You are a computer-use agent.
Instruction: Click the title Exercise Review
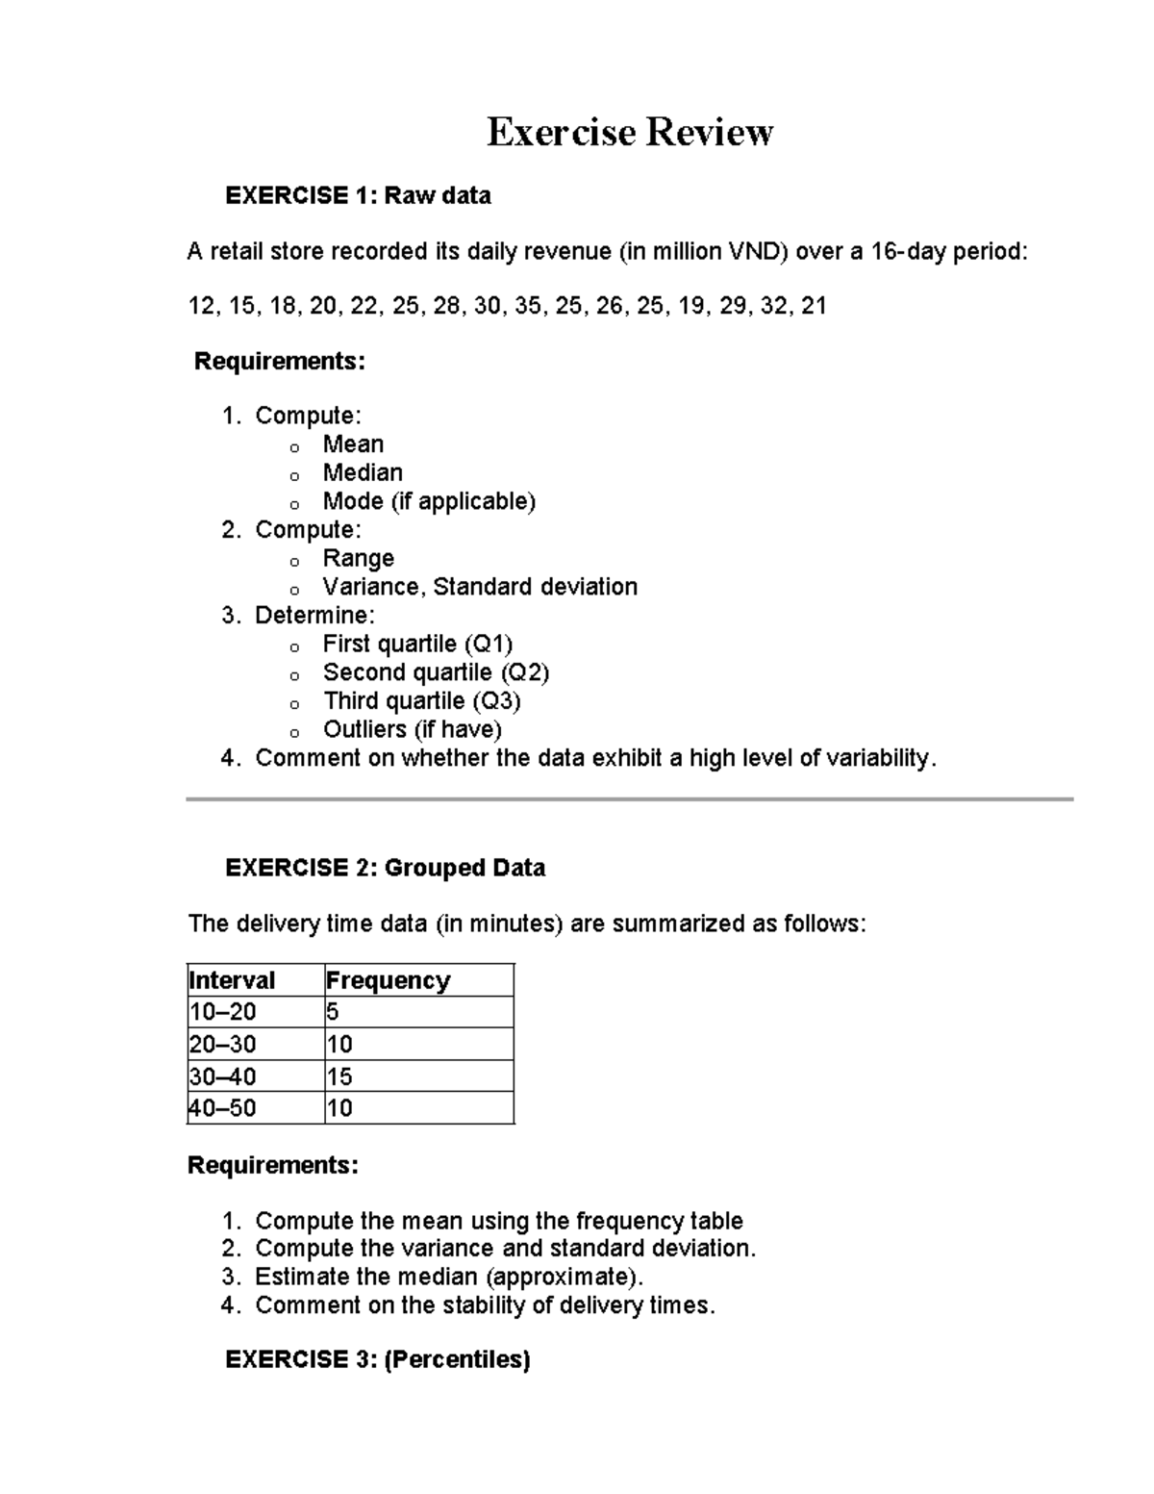[x=629, y=132]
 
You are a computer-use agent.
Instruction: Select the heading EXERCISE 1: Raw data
[x=358, y=196]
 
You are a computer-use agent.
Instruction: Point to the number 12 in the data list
[x=201, y=307]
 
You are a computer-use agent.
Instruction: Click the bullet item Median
[x=363, y=472]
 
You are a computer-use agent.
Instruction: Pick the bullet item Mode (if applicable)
[x=429, y=501]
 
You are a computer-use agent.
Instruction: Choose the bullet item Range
[x=358, y=558]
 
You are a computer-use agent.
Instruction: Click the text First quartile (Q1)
[x=417, y=644]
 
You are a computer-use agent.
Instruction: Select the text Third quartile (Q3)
[x=421, y=700]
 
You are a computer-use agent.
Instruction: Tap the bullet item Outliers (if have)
[x=413, y=729]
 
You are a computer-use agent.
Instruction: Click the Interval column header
[x=232, y=980]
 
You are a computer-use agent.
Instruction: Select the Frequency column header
[x=388, y=980]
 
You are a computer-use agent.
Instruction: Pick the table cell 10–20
[x=223, y=1012]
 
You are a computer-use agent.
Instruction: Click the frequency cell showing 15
[x=339, y=1076]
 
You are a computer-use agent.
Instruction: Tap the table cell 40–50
[x=223, y=1108]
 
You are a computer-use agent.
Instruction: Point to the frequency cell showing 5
[x=333, y=1012]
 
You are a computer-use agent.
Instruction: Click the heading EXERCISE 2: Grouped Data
[x=385, y=869]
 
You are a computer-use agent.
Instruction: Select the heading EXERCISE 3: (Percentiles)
[x=377, y=1359]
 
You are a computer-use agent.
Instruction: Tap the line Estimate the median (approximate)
[x=448, y=1278]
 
